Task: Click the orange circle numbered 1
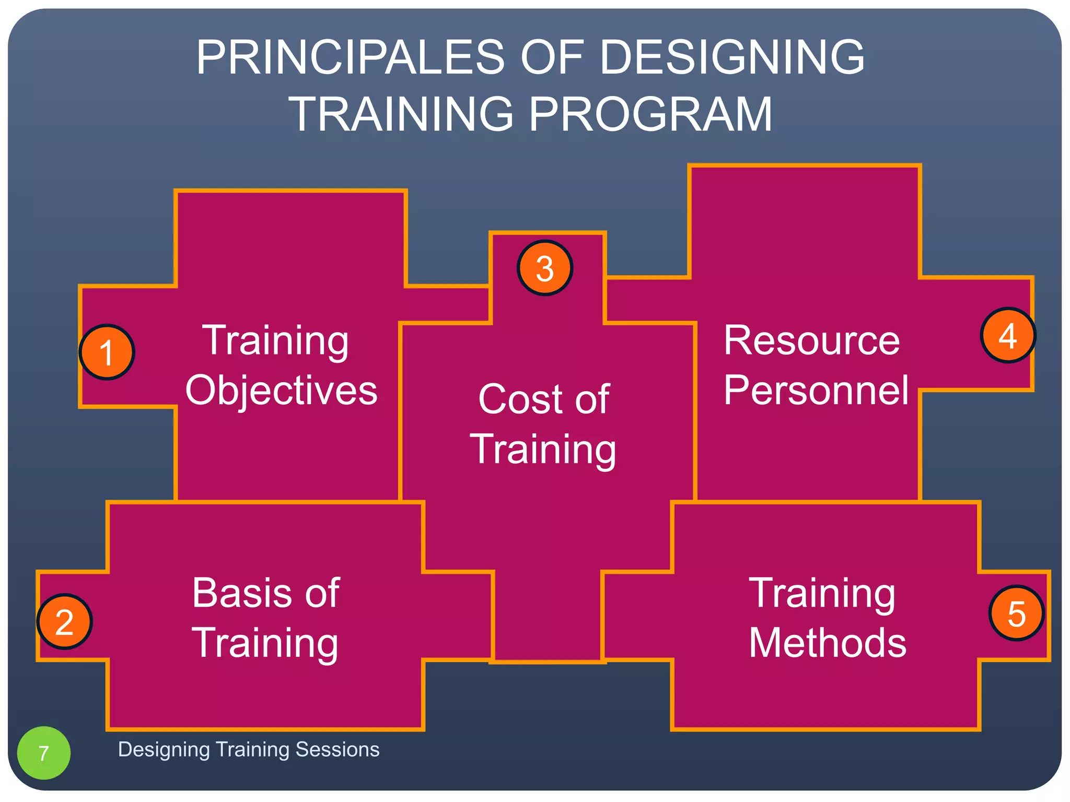pyautogui.click(x=107, y=352)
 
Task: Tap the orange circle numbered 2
pyautogui.click(x=64, y=621)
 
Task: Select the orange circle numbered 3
pyautogui.click(x=545, y=268)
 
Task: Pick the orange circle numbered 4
pyautogui.click(x=1008, y=335)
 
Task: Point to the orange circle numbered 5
pyautogui.click(x=1016, y=614)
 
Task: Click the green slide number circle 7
pyautogui.click(x=44, y=752)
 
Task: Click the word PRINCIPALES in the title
pyautogui.click(x=351, y=57)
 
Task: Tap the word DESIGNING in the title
pyautogui.click(x=731, y=57)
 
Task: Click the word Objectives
pyautogui.click(x=281, y=390)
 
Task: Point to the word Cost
pyautogui.click(x=519, y=399)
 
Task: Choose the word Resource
pyautogui.click(x=811, y=340)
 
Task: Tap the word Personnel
pyautogui.click(x=816, y=390)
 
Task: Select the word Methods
pyautogui.click(x=827, y=643)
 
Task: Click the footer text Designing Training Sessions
pyautogui.click(x=249, y=749)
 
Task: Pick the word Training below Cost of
pyautogui.click(x=543, y=450)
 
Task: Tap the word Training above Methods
pyautogui.click(x=822, y=594)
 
